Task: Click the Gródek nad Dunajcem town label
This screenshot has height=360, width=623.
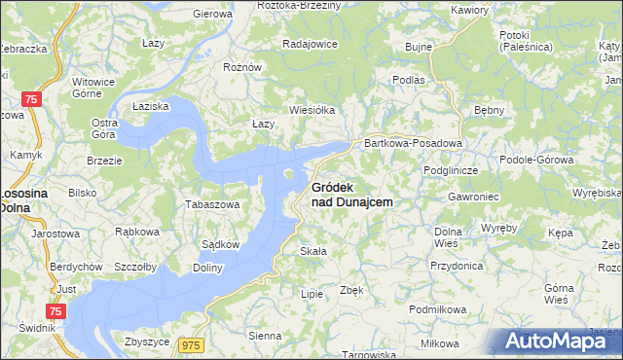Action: (x=351, y=194)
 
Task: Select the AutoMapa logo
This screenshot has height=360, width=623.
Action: (x=555, y=341)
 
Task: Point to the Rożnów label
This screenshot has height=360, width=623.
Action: (x=242, y=67)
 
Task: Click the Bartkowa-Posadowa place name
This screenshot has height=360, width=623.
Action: (x=412, y=143)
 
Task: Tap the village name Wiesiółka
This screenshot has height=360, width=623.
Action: (x=311, y=110)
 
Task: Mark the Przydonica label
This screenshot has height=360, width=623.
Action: (x=457, y=264)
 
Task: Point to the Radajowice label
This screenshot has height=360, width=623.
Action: (x=310, y=44)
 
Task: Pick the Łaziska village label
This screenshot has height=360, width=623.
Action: (x=151, y=104)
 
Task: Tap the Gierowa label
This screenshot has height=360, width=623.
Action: (x=213, y=15)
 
